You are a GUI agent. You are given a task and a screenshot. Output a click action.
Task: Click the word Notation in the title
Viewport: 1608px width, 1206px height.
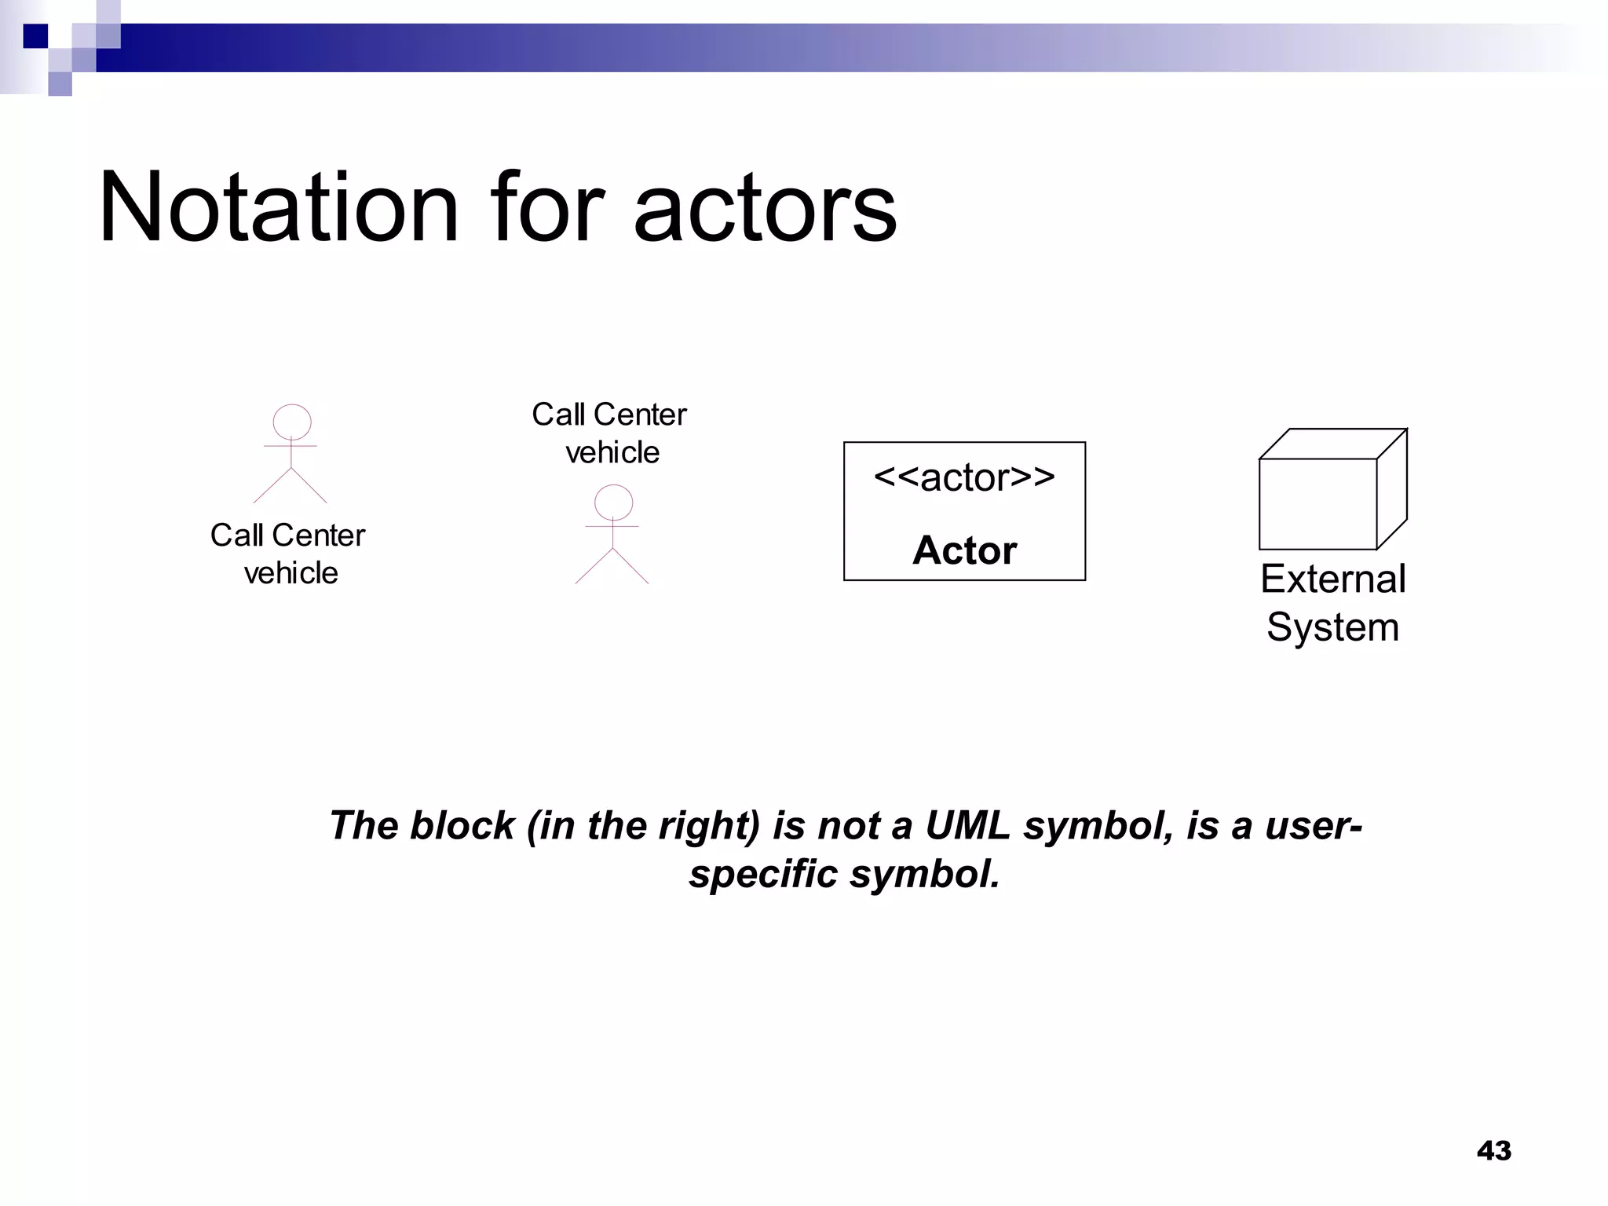coord(279,207)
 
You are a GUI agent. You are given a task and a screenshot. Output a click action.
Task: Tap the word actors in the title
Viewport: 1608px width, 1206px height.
coord(765,209)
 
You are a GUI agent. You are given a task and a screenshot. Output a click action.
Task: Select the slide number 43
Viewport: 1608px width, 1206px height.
coord(1493,1150)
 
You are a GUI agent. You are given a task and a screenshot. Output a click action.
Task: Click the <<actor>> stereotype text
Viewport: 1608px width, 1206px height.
coord(964,477)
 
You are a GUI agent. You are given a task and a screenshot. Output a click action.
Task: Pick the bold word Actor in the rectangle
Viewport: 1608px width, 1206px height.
coord(964,550)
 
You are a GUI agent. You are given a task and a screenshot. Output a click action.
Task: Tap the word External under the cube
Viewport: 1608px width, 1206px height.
coord(1332,579)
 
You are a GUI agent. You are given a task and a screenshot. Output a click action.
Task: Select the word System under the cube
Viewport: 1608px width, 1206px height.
coord(1332,627)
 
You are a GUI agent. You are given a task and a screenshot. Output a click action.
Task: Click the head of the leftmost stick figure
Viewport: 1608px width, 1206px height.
coord(291,422)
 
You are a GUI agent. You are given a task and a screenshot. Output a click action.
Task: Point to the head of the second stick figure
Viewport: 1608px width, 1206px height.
coord(613,502)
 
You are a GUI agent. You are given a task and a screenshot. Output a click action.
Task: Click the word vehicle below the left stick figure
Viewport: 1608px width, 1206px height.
coord(291,573)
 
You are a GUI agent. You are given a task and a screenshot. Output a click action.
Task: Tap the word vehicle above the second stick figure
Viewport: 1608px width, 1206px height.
coord(612,452)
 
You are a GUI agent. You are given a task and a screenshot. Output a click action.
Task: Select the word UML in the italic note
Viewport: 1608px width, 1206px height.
coord(968,825)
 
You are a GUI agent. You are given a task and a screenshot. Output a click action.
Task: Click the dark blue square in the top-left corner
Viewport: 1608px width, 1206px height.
coord(35,36)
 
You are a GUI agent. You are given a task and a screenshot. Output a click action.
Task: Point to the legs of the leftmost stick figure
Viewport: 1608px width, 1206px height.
coord(291,487)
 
